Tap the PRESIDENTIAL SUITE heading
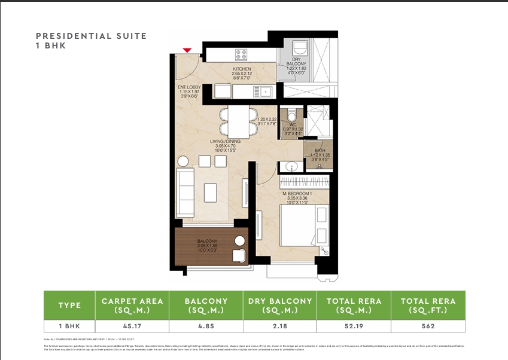tap(91, 36)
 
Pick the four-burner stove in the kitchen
tap(241, 55)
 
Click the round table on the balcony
tap(240, 241)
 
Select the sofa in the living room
tap(185, 193)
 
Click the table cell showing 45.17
tap(132, 327)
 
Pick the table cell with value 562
tap(427, 327)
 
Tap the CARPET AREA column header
tap(132, 305)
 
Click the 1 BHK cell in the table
tap(69, 327)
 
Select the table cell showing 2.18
tap(280, 327)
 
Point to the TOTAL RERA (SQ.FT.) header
tap(427, 305)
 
